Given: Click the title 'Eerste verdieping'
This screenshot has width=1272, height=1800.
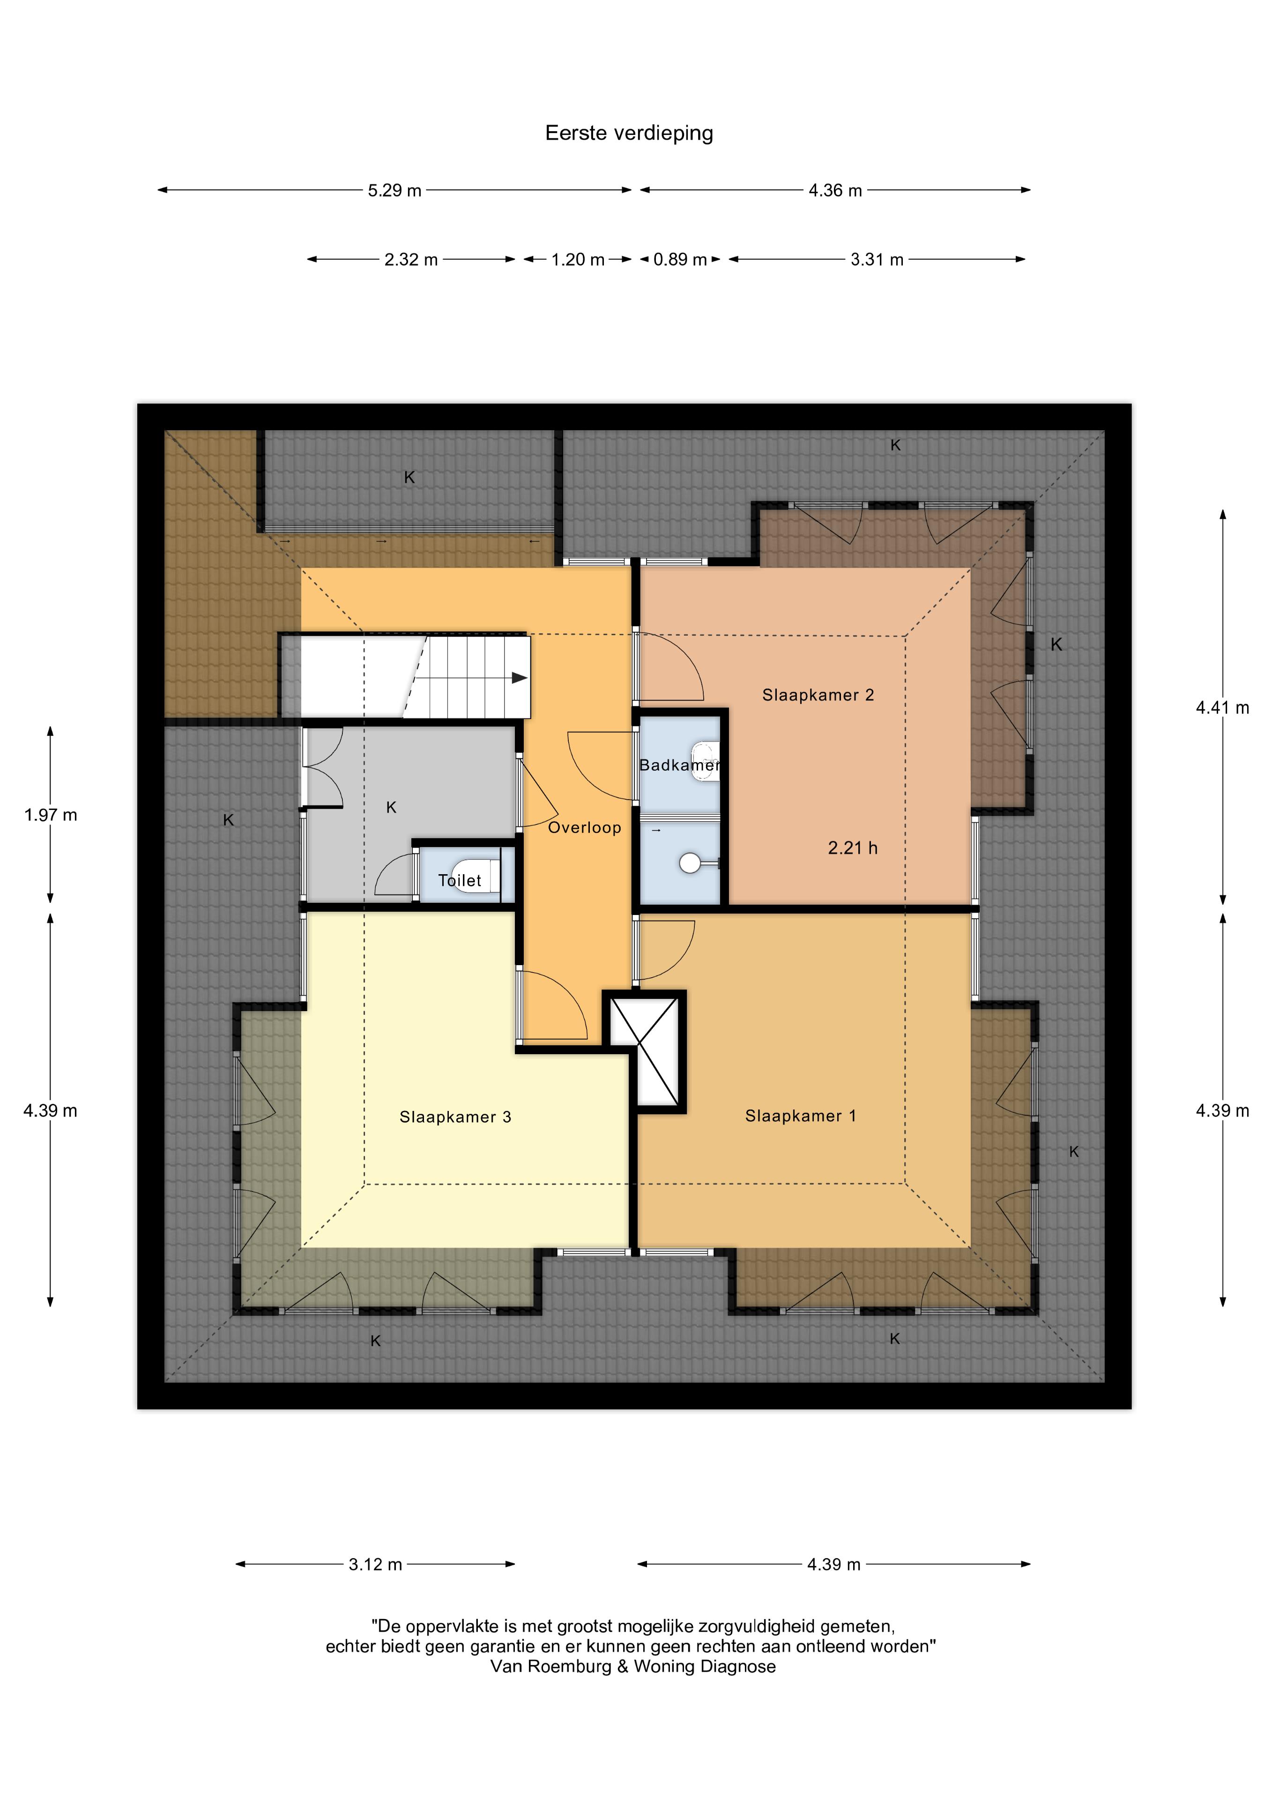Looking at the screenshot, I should (629, 133).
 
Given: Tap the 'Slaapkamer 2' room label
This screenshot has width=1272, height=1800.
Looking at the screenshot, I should (818, 695).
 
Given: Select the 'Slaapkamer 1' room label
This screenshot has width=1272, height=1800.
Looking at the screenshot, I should (800, 1116).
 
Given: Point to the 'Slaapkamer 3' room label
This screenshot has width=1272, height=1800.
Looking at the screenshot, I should (455, 1117).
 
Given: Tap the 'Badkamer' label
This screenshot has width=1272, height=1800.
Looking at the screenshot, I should (679, 765).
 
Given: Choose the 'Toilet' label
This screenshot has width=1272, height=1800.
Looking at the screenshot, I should (459, 880).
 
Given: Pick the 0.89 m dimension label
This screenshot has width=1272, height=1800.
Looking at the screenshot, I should (680, 260).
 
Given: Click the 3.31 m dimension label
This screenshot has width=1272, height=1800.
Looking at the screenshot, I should (877, 260).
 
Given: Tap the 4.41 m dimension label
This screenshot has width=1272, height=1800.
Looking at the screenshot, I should (1222, 708).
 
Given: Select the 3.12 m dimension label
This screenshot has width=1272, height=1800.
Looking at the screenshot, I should (375, 1564).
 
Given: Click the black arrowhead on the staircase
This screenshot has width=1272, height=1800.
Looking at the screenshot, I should (519, 677).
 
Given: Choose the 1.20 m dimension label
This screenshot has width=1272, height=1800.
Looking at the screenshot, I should (578, 260).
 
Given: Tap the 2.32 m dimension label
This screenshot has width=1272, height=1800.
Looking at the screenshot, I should (411, 260).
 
